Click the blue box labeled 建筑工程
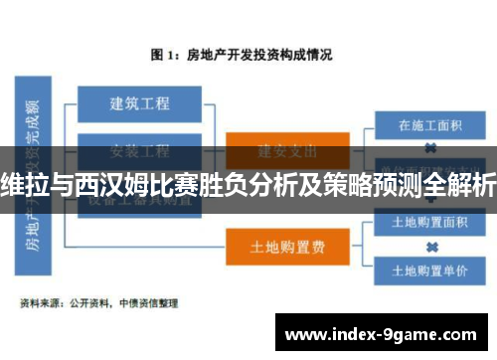tap(140, 102)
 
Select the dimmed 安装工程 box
tap(140, 151)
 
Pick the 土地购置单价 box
tap(430, 270)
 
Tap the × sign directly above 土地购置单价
tap(431, 247)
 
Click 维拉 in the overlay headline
tap(23, 184)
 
